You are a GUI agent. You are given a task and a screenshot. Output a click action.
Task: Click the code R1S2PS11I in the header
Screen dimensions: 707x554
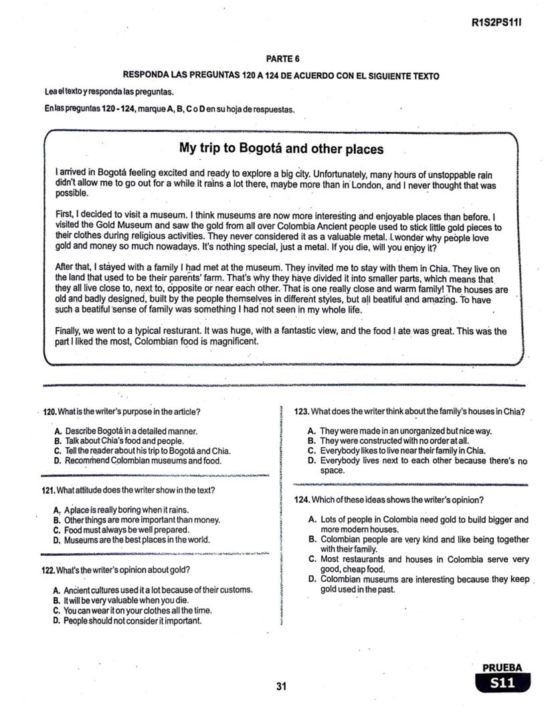[496, 22]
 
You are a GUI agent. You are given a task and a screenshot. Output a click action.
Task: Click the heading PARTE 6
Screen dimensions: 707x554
[281, 59]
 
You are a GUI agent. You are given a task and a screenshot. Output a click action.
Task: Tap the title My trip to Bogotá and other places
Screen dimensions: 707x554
[281, 148]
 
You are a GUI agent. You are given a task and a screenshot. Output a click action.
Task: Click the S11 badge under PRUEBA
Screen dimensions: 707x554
[502, 683]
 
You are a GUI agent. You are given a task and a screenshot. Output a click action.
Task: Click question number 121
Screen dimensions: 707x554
[48, 490]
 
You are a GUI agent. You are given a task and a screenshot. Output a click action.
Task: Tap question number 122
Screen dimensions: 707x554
[48, 570]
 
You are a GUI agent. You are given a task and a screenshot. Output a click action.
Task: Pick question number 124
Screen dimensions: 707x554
[302, 500]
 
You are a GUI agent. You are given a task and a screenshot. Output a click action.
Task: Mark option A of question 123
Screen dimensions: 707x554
[311, 431]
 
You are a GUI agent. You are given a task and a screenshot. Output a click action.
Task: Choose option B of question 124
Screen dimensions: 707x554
[312, 539]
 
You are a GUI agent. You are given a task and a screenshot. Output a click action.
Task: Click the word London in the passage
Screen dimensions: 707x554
[367, 184]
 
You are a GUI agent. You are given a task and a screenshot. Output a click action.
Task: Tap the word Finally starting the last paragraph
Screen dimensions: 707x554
[70, 331]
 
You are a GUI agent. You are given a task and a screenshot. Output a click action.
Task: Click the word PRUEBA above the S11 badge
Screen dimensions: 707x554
[502, 668]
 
